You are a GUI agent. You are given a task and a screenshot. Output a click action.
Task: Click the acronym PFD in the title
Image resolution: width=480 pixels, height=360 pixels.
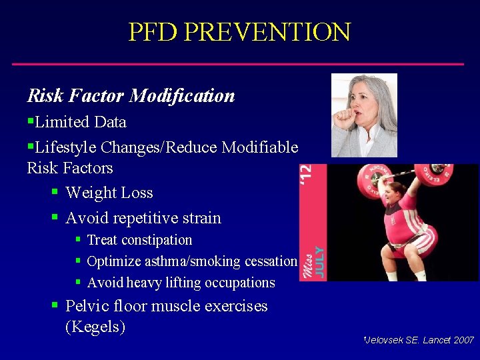[154, 31]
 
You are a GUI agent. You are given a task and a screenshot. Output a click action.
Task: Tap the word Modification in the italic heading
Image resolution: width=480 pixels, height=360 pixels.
[182, 96]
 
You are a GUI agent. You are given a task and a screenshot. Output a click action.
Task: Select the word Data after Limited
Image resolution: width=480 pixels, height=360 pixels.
[110, 122]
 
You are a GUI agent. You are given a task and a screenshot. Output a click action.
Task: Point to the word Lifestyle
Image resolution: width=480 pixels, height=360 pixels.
[67, 147]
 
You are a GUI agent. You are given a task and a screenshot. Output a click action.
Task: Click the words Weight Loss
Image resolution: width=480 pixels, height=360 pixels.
[109, 193]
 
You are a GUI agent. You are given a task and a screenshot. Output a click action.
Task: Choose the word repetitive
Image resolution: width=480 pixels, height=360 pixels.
[147, 218]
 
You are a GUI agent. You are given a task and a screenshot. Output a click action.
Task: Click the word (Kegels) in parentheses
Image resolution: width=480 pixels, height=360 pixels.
[95, 327]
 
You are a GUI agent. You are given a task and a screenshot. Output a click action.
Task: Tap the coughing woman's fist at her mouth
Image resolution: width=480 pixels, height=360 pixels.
[347, 118]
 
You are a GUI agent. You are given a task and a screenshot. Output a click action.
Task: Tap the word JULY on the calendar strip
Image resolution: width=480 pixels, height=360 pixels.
[319, 262]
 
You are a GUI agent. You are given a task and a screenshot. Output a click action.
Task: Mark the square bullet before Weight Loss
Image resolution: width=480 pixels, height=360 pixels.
[55, 193]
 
